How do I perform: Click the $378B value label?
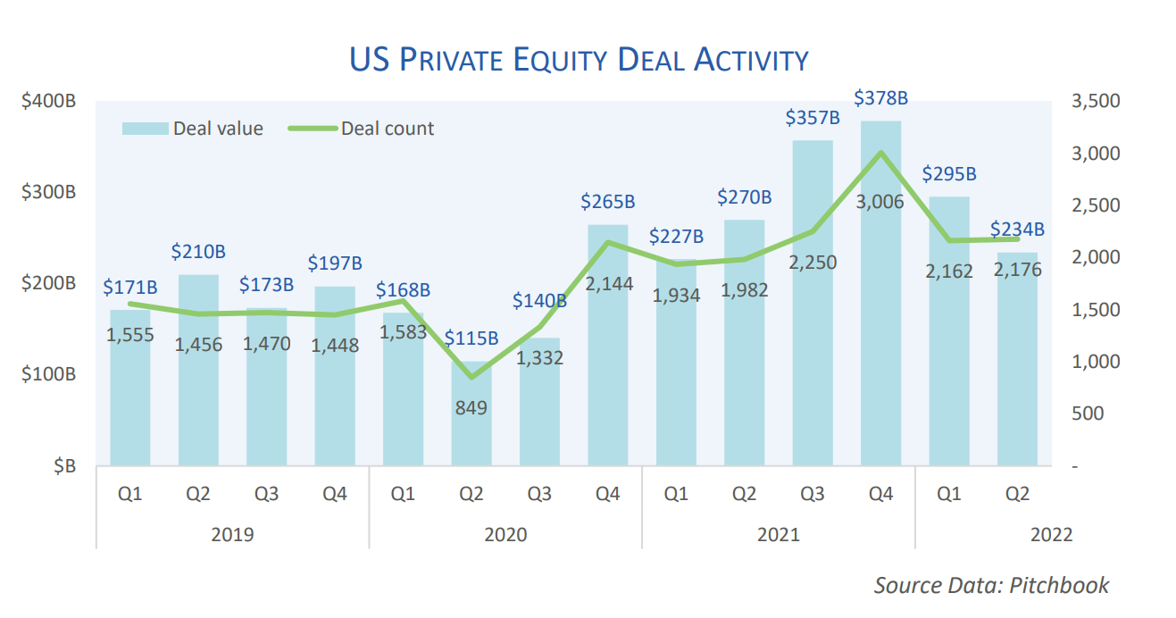pyautogui.click(x=880, y=97)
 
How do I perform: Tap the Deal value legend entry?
pyautogui.click(x=193, y=129)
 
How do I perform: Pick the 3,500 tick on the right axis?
pyautogui.click(x=1094, y=101)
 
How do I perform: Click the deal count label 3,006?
pyautogui.click(x=880, y=202)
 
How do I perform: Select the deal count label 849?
pyautogui.click(x=471, y=408)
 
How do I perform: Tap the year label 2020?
pyautogui.click(x=505, y=535)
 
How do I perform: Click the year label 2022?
pyautogui.click(x=1051, y=535)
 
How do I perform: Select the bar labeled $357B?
pyautogui.click(x=813, y=304)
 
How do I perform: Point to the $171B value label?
pyautogui.click(x=130, y=288)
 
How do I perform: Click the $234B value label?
pyautogui.click(x=1017, y=230)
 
